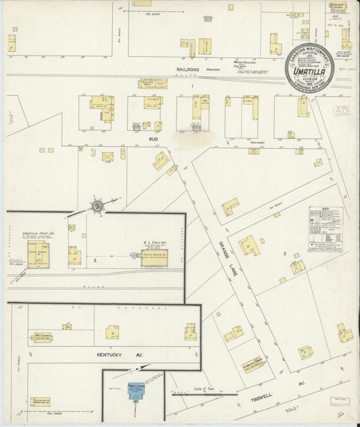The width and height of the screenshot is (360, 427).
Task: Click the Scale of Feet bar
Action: [x=203, y=393]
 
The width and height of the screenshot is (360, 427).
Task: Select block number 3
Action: [x=285, y=253]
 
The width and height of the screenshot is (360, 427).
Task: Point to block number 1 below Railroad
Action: [x=192, y=86]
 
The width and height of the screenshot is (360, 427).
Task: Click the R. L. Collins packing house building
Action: [x=155, y=258]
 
